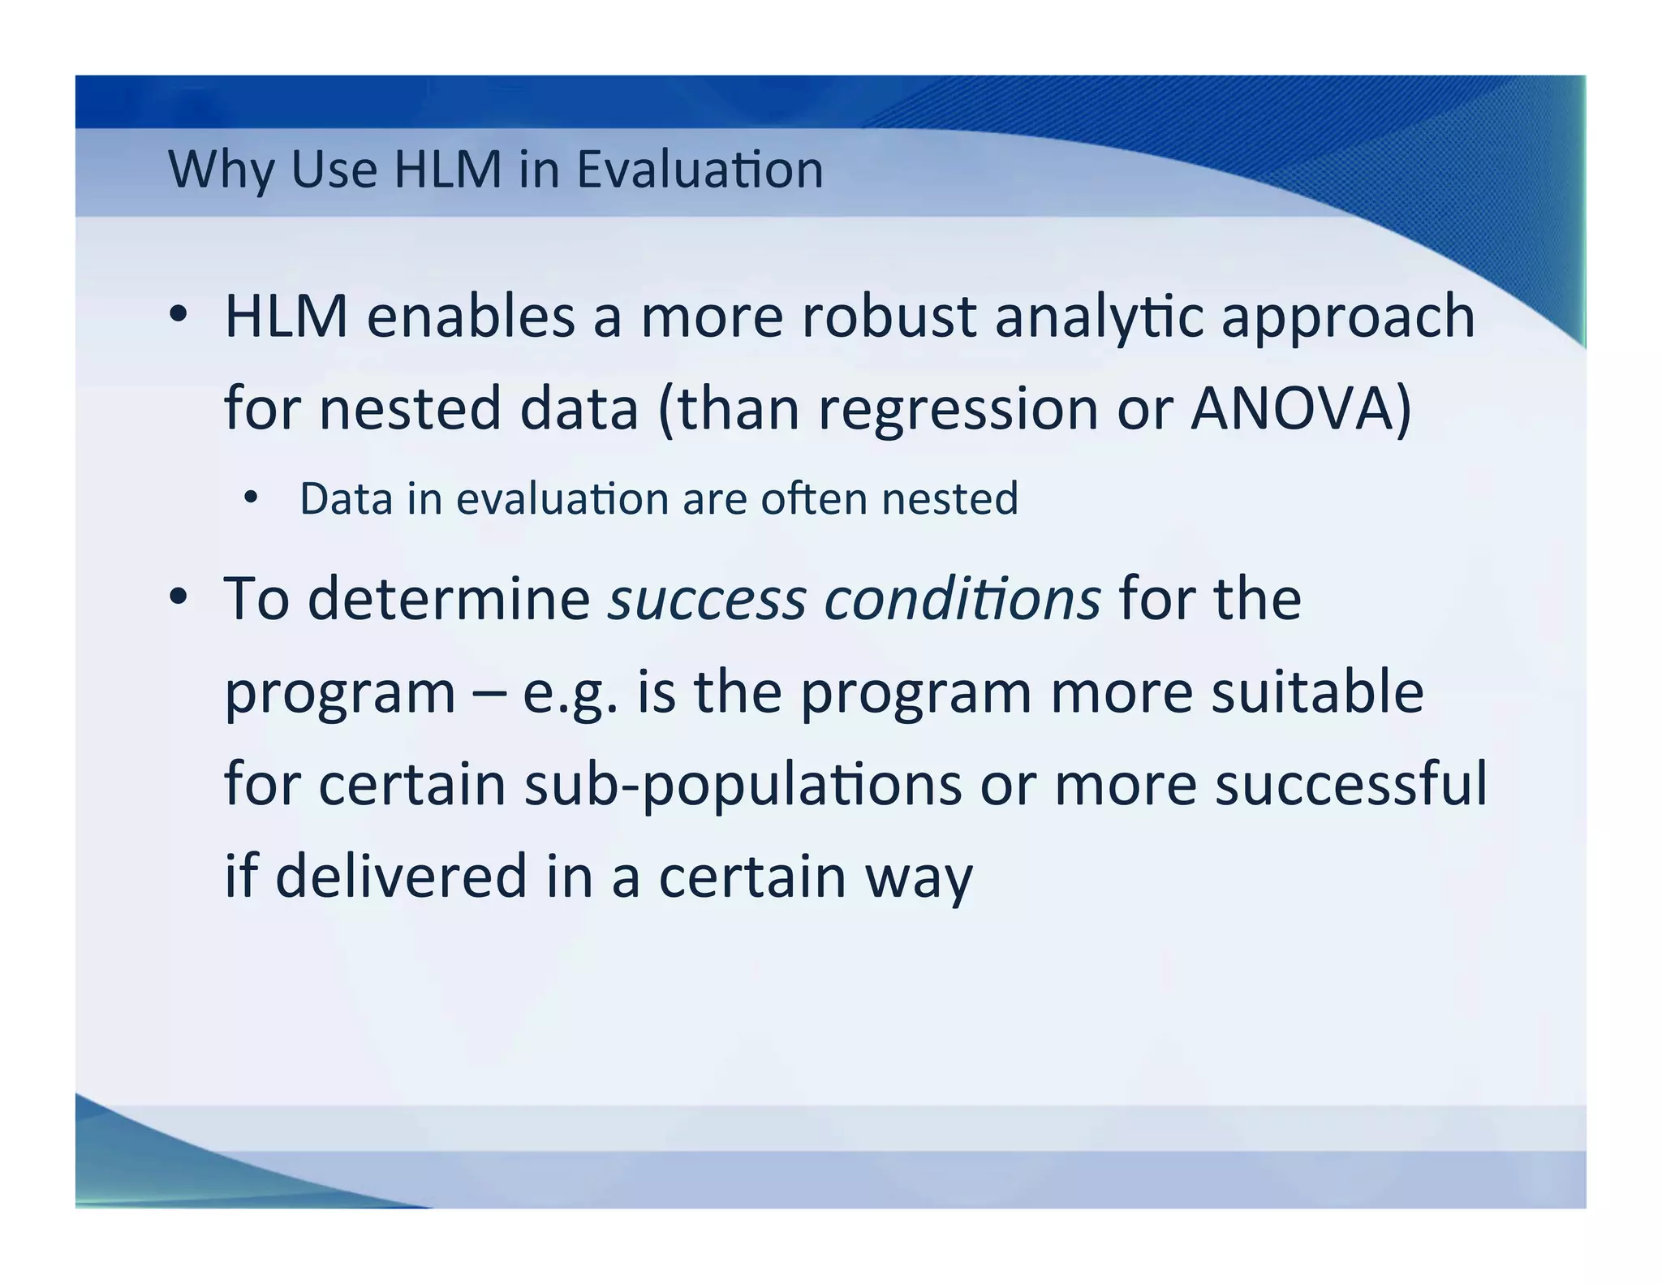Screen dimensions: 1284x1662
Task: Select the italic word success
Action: [x=707, y=599]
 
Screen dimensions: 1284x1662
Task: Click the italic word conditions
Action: [x=962, y=599]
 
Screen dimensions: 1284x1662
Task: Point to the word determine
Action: [x=449, y=599]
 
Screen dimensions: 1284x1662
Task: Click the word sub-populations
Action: [x=743, y=786]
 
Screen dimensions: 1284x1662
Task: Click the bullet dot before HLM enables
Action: [x=179, y=314]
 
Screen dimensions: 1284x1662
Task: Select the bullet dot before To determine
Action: [x=179, y=597]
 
